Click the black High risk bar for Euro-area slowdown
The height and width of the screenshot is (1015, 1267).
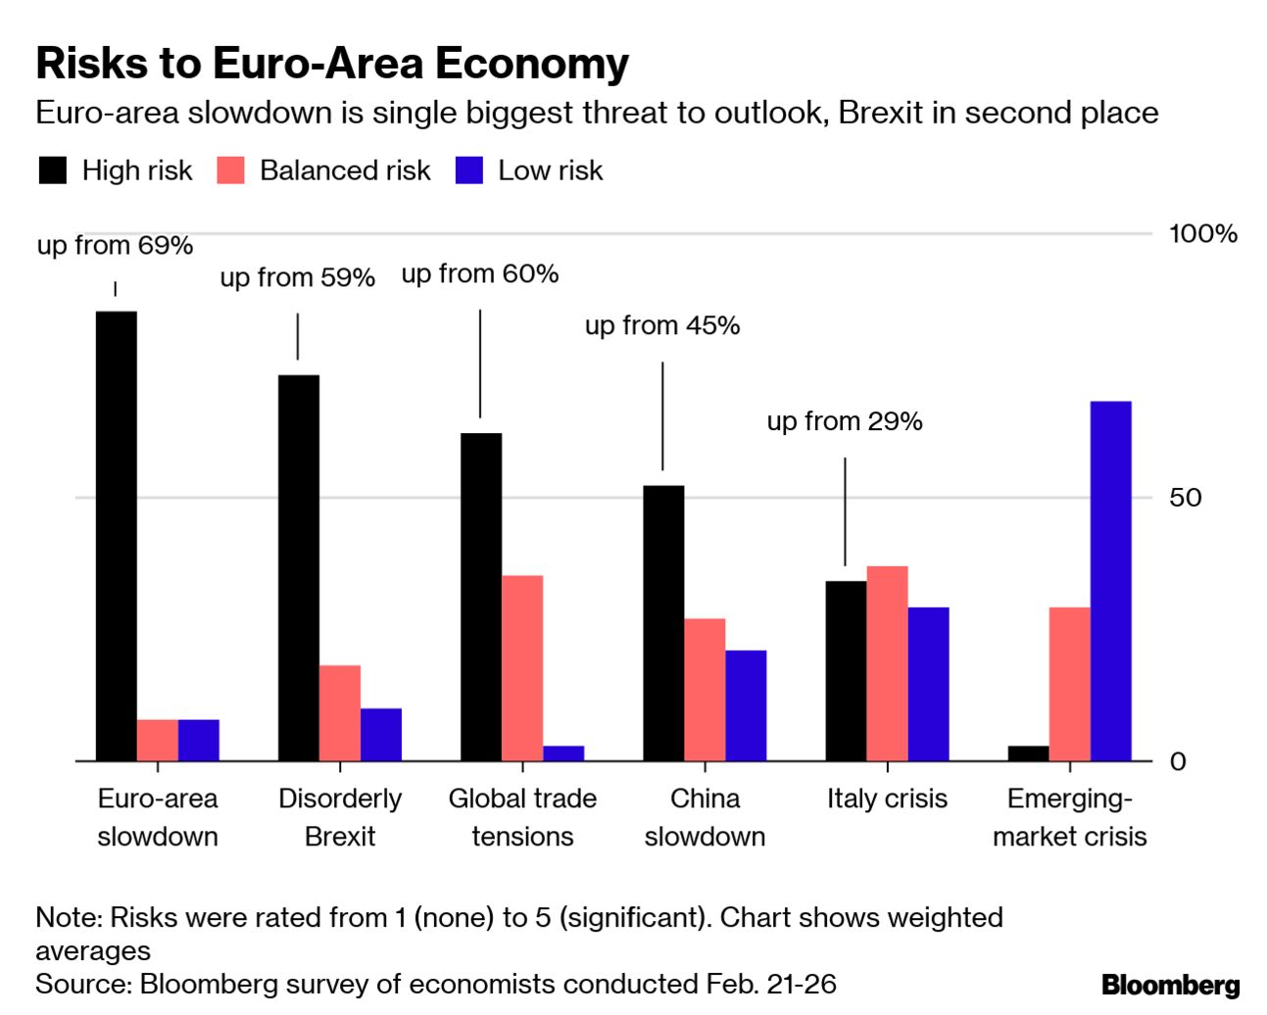pyautogui.click(x=116, y=535)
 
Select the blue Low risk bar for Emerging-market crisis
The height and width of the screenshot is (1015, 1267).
pyautogui.click(x=1110, y=580)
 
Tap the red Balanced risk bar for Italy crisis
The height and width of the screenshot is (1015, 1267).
pyautogui.click(x=887, y=662)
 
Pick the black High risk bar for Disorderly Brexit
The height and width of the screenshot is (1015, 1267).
pyautogui.click(x=298, y=567)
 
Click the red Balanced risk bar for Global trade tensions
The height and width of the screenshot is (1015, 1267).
pyautogui.click(x=522, y=667)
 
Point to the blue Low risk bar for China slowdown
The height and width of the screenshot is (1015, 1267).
pyautogui.click(x=746, y=704)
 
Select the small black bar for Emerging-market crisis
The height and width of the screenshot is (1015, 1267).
pyautogui.click(x=1028, y=752)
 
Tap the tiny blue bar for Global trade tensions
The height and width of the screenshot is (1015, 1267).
pyautogui.click(x=563, y=752)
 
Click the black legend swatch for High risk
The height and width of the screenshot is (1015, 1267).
pyautogui.click(x=53, y=170)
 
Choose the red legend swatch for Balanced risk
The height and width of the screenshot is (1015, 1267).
pyautogui.click(x=230, y=170)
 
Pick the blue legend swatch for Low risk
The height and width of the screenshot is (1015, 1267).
pyautogui.click(x=469, y=170)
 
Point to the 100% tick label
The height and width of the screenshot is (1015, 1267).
pyautogui.click(x=1202, y=233)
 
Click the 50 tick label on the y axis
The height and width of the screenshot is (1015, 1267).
pyautogui.click(x=1185, y=497)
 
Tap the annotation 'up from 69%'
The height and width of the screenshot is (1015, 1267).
pyautogui.click(x=115, y=245)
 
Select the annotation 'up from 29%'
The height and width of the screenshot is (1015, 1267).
pyautogui.click(x=845, y=421)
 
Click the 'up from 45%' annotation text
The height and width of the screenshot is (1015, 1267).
pyautogui.click(x=662, y=325)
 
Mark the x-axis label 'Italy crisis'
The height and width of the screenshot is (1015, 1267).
pyautogui.click(x=887, y=798)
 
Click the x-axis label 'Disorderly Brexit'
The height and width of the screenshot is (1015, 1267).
pyautogui.click(x=340, y=817)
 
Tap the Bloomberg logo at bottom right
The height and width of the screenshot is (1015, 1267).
pyautogui.click(x=1170, y=984)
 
